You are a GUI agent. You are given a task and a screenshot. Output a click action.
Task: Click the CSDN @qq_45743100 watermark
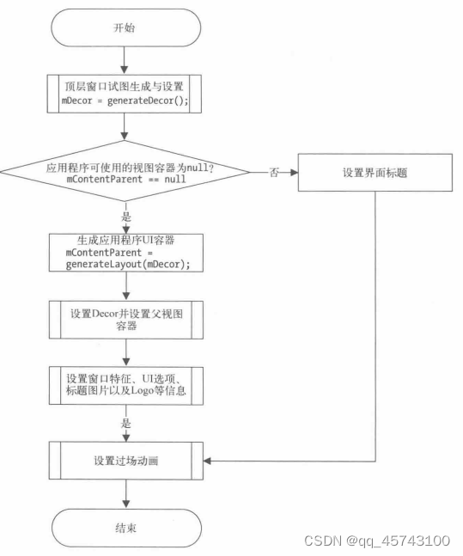(377, 541)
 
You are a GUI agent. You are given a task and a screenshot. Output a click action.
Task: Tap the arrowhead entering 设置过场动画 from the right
(208, 461)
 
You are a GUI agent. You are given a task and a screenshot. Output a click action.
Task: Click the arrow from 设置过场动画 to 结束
(125, 494)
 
